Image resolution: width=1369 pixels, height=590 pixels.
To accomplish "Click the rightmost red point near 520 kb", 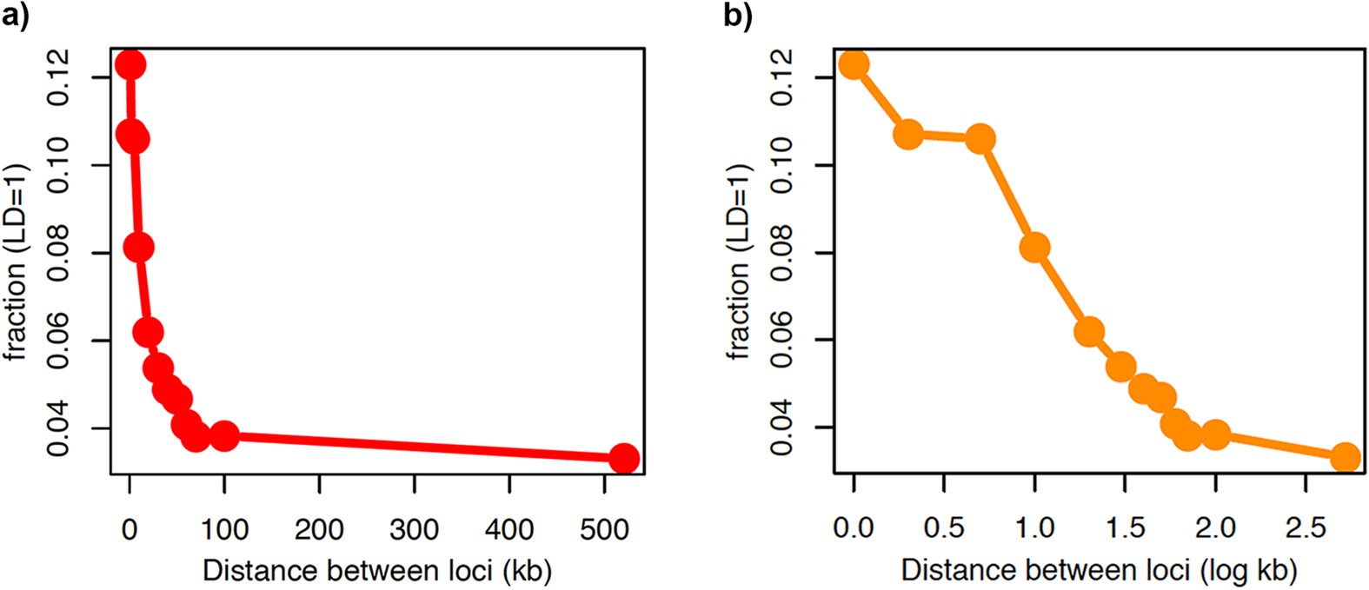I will pos(623,458).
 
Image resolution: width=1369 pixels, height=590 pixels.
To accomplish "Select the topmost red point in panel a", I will pos(130,64).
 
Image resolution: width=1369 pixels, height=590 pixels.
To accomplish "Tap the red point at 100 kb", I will pos(224,435).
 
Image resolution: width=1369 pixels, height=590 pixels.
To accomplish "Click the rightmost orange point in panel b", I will pos(1346,457).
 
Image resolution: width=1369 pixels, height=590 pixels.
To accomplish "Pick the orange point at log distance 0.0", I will pos(854,64).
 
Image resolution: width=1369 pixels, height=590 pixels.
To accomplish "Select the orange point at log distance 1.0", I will pos(1034,248).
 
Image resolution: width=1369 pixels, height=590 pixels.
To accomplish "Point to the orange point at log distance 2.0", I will pos(1215,434).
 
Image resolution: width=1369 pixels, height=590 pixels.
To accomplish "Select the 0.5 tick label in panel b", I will pos(944,527).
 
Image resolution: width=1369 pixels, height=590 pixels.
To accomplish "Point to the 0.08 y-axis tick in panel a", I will pos(59,253).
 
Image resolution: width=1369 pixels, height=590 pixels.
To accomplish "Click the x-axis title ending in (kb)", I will pos(376,570).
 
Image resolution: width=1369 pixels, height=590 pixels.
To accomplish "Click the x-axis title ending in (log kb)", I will pos(1099,570).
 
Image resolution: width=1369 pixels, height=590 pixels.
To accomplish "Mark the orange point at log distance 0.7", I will pos(980,139).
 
